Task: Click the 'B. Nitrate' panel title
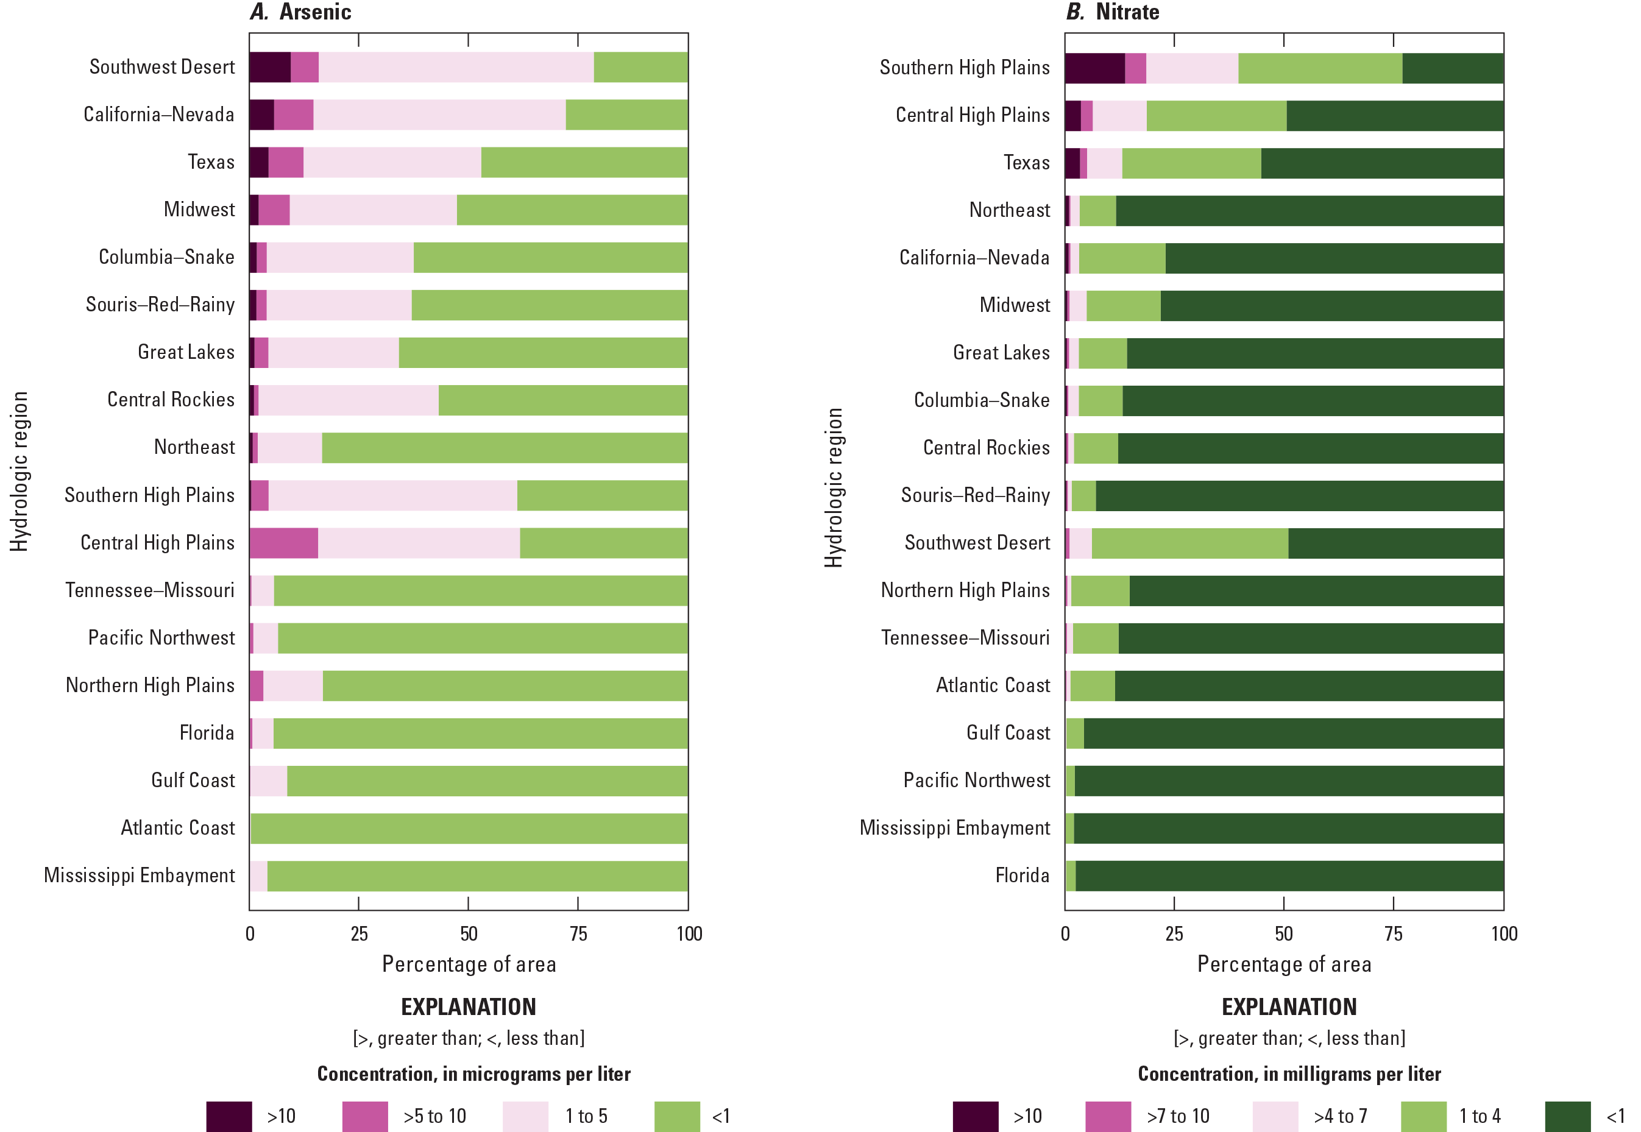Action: tap(1113, 12)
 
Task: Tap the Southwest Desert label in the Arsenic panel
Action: tap(161, 66)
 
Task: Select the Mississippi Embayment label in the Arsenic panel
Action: tap(139, 876)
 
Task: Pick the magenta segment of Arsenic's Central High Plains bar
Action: tap(284, 543)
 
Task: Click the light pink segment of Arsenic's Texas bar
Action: tap(392, 163)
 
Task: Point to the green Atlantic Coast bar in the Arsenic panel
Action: tap(468, 829)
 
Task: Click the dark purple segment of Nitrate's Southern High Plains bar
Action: tap(1094, 68)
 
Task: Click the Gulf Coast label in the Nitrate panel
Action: tap(1007, 733)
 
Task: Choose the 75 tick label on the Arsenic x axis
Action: tap(578, 933)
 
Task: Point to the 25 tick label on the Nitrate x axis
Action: tap(1174, 933)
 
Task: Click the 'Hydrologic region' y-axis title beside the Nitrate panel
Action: tap(834, 487)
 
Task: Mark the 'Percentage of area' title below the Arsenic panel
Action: tap(469, 964)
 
